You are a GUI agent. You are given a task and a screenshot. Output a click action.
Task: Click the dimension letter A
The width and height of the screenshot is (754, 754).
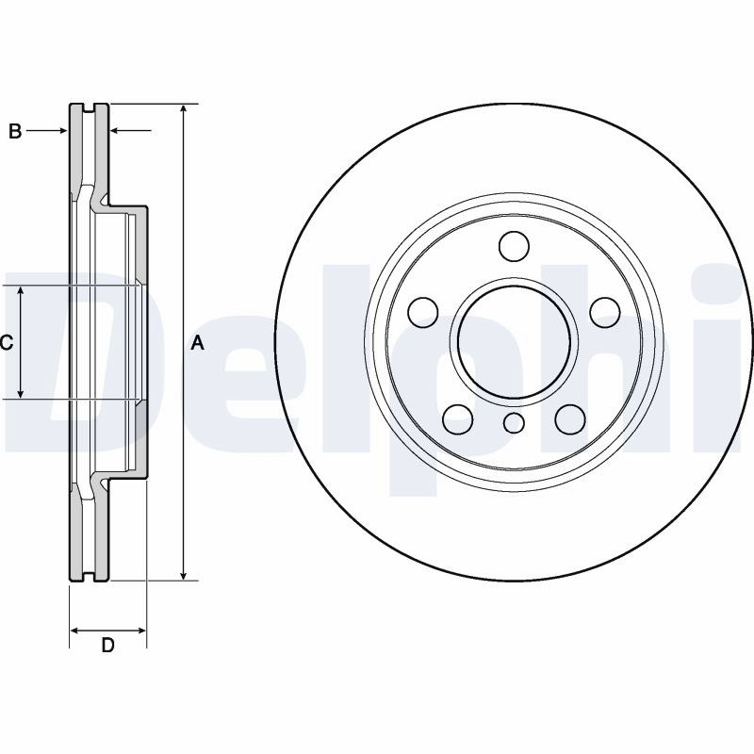tap(198, 343)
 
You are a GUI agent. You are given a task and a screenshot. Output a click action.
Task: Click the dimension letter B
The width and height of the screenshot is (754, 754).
tap(15, 131)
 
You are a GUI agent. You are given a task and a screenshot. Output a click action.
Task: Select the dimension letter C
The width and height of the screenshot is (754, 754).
tap(6, 343)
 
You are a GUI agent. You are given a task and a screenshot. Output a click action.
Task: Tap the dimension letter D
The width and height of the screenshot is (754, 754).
tap(107, 645)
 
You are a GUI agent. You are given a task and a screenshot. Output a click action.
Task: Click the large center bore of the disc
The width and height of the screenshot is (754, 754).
tap(514, 342)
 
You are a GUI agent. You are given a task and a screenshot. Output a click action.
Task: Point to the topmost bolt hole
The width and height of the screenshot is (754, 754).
tap(514, 246)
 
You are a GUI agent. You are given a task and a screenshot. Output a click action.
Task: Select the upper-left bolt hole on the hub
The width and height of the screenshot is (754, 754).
tap(423, 312)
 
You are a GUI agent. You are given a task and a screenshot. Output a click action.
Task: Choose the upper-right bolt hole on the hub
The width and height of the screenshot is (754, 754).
tap(605, 312)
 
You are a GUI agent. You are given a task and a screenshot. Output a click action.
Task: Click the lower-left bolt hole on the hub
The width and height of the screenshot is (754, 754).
tap(457, 419)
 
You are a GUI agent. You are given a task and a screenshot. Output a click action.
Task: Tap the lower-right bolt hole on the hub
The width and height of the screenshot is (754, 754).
tap(570, 419)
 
